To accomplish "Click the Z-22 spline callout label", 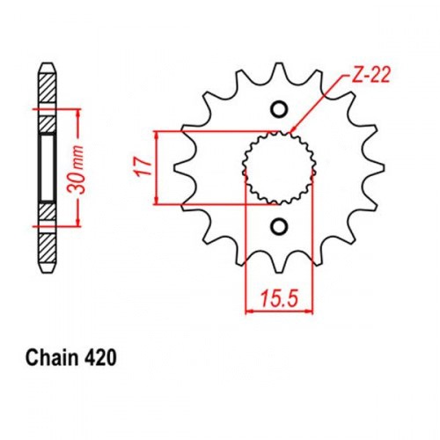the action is pos(370,75).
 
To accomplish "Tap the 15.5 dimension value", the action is pos(279,297).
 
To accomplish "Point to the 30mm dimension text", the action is pos(76,170).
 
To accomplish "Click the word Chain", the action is pos(53,358).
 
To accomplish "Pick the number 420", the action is pos(100,358).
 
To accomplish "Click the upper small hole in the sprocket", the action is pos(278,109).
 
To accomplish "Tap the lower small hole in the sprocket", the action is pos(278,226).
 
